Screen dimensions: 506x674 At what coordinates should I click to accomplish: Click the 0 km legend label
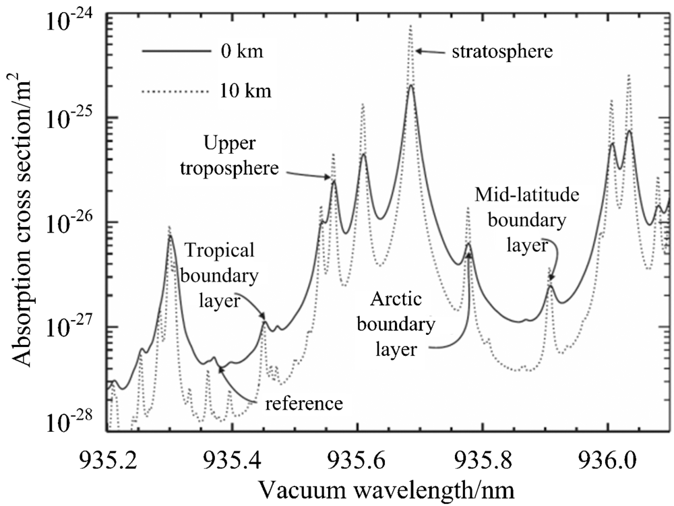tap(246, 53)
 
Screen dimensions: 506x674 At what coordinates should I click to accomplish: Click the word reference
tap(303, 404)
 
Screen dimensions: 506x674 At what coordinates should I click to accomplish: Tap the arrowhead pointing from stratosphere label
tap(418, 51)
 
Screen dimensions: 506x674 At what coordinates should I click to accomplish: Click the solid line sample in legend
tap(175, 52)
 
